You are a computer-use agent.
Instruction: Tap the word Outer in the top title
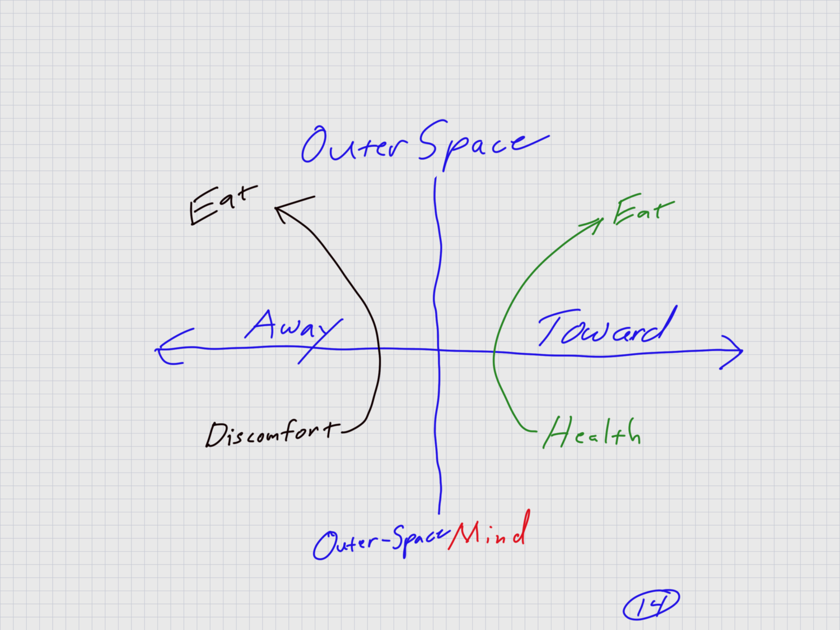point(353,145)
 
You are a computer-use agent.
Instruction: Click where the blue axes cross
point(437,350)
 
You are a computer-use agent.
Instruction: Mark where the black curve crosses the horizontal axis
point(379,349)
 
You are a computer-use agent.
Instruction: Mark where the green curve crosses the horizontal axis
point(494,352)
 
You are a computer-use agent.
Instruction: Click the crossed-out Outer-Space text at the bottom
point(381,541)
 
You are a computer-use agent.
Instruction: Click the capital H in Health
point(557,432)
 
